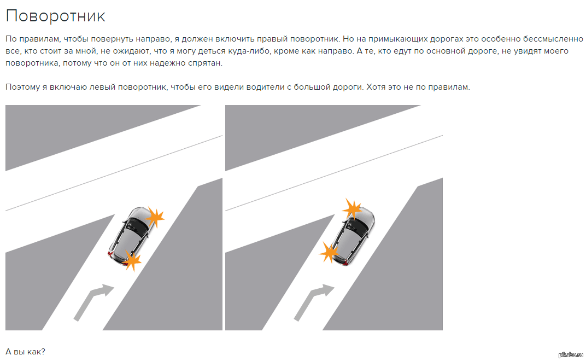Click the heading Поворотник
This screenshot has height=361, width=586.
(x=56, y=16)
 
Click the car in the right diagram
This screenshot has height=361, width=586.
(x=354, y=236)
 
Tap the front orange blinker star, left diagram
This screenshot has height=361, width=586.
(x=155, y=217)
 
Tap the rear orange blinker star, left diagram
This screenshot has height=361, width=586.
(x=132, y=260)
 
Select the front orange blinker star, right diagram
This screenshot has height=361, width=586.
(x=352, y=209)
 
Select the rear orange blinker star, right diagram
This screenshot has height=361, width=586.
(x=329, y=253)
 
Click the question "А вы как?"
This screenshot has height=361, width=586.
(x=25, y=352)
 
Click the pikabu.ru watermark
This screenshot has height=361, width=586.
(x=571, y=355)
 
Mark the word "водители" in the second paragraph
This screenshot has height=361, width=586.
(x=267, y=87)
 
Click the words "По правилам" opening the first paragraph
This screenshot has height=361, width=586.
(x=32, y=39)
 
